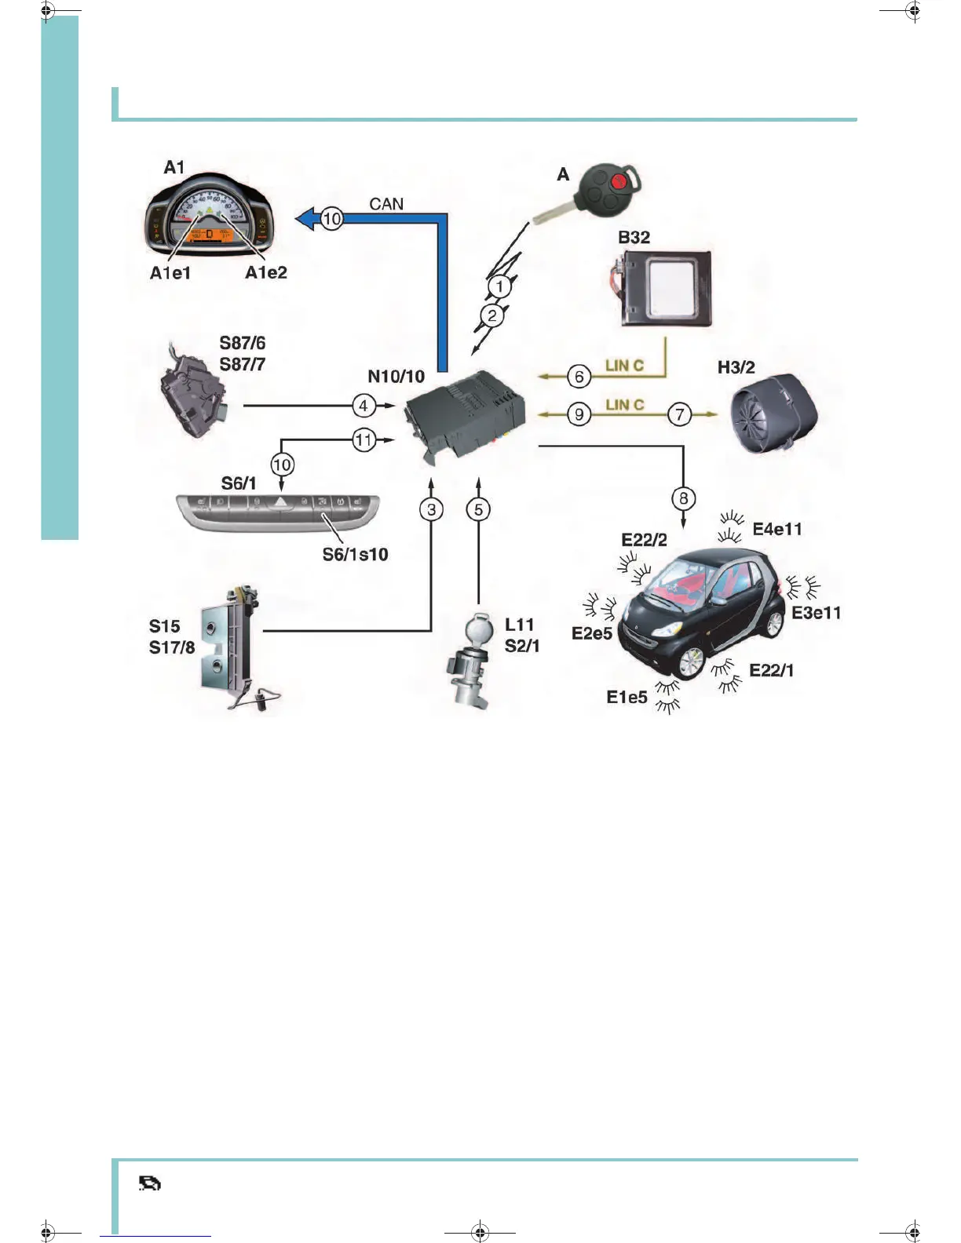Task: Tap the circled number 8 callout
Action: click(683, 498)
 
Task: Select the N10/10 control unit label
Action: click(396, 377)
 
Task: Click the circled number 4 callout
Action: click(363, 406)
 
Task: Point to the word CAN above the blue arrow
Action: click(386, 204)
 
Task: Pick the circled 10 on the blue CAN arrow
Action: click(332, 219)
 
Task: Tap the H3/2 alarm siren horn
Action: click(773, 413)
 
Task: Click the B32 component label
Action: click(634, 237)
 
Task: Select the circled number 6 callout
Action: click(579, 377)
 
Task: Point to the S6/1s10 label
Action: click(355, 555)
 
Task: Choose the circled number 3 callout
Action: click(431, 509)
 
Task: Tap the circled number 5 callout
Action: click(478, 509)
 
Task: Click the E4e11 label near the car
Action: click(777, 529)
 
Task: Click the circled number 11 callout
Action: click(363, 439)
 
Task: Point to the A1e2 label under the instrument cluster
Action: click(266, 272)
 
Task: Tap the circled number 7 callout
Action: click(679, 414)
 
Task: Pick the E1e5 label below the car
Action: click(627, 697)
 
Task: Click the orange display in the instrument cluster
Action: click(210, 235)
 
